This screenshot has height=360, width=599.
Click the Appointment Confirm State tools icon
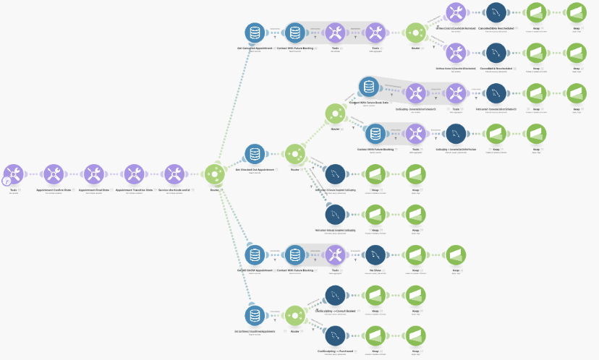[53, 173]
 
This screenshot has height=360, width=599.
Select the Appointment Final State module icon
[93, 173]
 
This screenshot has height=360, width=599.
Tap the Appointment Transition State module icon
[133, 173]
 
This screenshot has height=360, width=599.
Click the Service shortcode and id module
[173, 173]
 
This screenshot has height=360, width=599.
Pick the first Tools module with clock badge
[13, 173]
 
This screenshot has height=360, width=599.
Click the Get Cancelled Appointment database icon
[254, 33]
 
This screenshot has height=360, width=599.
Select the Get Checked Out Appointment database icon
[254, 153]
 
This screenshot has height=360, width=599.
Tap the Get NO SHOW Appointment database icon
[254, 254]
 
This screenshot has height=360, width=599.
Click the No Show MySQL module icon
[375, 254]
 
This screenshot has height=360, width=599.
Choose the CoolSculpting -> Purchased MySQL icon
[334, 335]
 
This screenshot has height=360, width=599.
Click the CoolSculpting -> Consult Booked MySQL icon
[334, 295]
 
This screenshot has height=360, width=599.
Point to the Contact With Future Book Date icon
[369, 87]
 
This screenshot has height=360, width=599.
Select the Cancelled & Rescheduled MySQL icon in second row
[496, 53]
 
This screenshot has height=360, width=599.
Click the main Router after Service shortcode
[214, 173]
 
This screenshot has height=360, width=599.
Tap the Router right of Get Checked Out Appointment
[294, 153]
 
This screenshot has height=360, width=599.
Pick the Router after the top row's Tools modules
[415, 33]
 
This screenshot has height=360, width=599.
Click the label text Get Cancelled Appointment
[255, 48]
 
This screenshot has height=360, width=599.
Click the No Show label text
[375, 270]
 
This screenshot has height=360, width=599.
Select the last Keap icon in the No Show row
[455, 254]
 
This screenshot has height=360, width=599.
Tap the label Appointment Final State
[93, 189]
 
